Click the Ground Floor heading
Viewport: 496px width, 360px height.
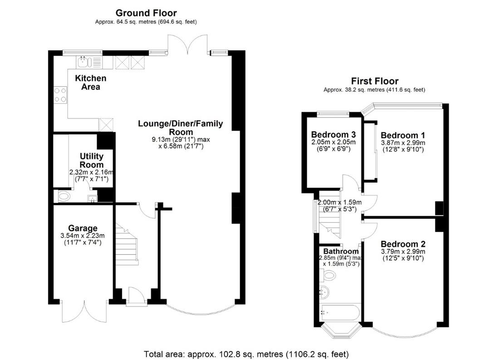click(146, 13)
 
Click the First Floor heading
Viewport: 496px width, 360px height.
click(374, 81)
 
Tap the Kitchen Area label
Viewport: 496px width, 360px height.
click(91, 83)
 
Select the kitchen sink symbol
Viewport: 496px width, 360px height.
click(84, 62)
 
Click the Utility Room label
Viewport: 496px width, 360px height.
click(92, 161)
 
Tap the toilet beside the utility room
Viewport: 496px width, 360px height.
click(64, 197)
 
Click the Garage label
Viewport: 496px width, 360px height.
click(83, 228)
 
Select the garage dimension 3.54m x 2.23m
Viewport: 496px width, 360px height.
click(83, 235)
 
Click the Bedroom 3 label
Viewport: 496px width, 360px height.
click(333, 135)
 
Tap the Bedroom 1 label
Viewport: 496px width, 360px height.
click(403, 135)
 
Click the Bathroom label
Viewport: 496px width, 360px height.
click(341, 251)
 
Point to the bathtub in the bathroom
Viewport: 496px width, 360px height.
click(339, 312)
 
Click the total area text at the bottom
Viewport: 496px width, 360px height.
click(246, 353)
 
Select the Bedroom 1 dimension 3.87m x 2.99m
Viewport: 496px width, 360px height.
click(403, 143)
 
